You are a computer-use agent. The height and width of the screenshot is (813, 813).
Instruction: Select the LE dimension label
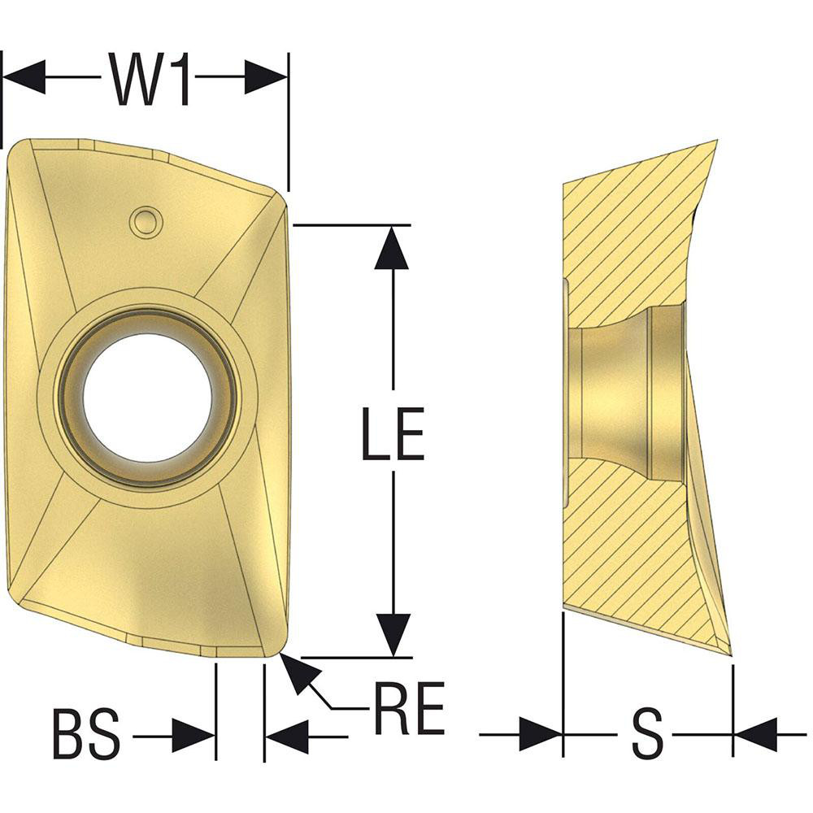(x=393, y=437)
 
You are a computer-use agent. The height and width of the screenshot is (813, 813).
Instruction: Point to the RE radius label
(x=409, y=708)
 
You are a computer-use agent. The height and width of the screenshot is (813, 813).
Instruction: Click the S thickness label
(x=647, y=736)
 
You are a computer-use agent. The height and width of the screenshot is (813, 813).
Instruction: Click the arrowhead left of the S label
(x=542, y=736)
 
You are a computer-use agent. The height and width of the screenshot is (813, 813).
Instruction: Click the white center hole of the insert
(x=147, y=398)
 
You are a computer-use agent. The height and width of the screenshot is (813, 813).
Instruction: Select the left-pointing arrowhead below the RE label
(x=287, y=737)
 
